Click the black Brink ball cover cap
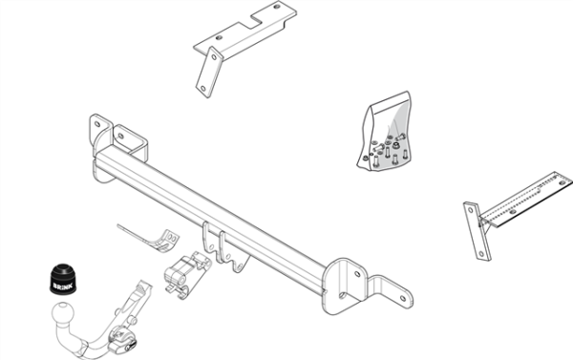[63, 278]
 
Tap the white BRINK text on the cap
[63, 286]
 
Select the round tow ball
[62, 314]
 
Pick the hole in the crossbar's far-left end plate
[97, 124]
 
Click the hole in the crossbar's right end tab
[403, 298]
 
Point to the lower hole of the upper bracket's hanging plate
[202, 88]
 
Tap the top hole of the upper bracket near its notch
[277, 7]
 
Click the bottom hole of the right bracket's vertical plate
[481, 253]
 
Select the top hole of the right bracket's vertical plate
[471, 210]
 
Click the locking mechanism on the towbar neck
[123, 340]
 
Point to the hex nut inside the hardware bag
[395, 145]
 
